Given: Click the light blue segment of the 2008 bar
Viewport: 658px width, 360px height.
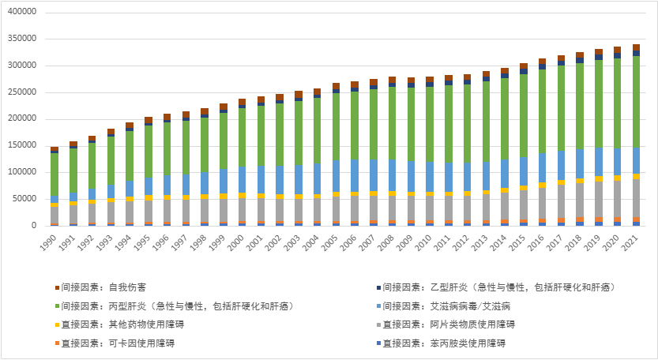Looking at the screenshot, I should tap(393, 174).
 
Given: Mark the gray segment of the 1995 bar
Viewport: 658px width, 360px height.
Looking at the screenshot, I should tap(149, 212).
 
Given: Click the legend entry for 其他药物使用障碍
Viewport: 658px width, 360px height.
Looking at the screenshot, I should tap(118, 324).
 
